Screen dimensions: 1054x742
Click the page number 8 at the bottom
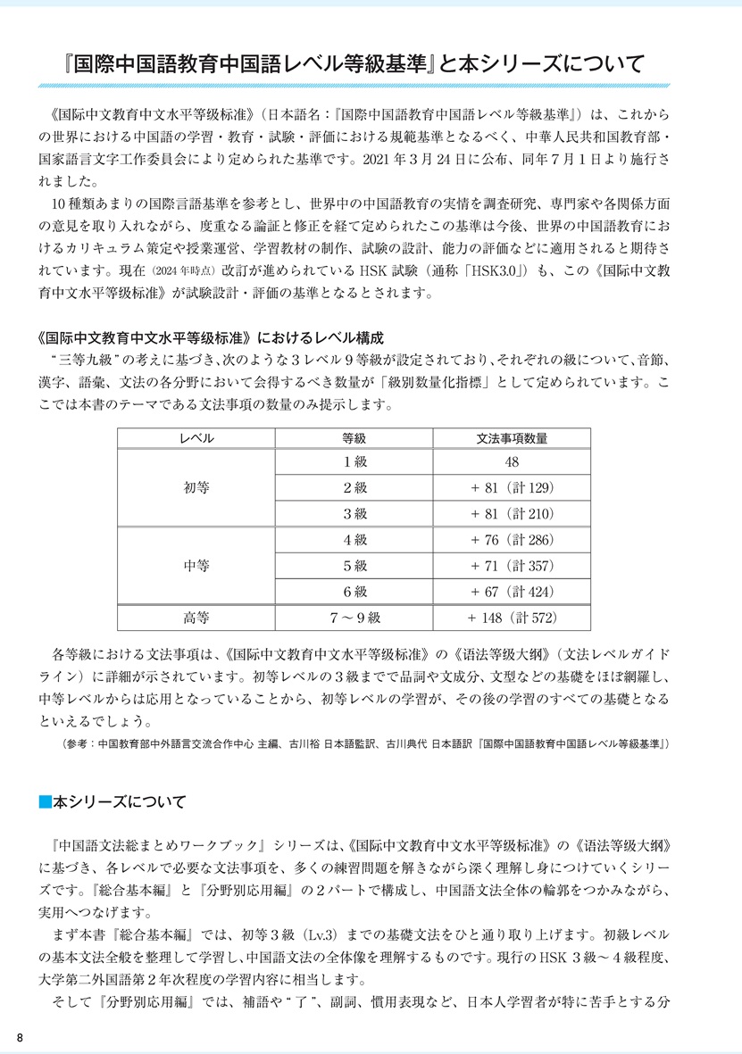pos(20,1035)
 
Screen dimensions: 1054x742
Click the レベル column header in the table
pos(196,438)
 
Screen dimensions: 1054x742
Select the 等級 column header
pos(354,438)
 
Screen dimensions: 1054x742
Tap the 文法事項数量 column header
pos(513,438)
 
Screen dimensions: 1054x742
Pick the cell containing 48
pos(513,462)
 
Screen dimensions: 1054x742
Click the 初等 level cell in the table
pos(196,488)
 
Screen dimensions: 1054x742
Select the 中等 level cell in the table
pos(196,565)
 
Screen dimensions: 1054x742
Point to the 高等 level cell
pos(196,617)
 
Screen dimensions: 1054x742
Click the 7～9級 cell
pos(354,617)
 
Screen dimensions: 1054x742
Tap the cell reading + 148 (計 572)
pos(513,617)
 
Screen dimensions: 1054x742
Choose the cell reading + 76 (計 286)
pos(513,539)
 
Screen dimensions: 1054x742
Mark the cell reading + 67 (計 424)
pos(513,591)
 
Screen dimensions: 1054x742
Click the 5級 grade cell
pos(354,565)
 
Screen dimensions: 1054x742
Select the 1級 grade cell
pos(354,462)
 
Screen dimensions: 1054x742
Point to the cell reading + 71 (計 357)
pos(513,565)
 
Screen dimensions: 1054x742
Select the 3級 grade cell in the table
pos(354,513)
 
